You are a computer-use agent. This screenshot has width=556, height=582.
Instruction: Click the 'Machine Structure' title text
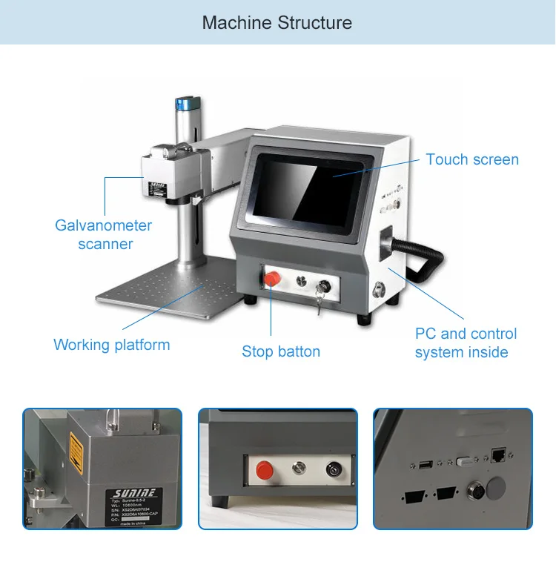(277, 23)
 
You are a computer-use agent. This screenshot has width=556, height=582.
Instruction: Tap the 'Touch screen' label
(472, 159)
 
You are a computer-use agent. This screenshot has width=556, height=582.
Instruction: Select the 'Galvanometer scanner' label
(104, 234)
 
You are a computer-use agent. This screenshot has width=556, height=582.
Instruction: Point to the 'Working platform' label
(112, 345)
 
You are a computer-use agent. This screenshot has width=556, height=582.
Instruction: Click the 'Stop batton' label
(281, 351)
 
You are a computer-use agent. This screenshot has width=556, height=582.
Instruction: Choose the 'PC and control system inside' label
(466, 343)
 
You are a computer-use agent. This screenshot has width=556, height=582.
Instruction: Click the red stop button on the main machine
(272, 279)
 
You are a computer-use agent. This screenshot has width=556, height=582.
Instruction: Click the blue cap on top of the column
(184, 104)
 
